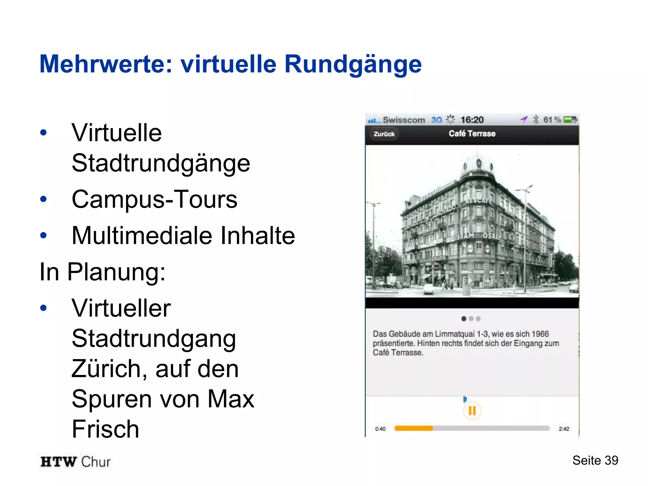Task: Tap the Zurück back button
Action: tap(384, 134)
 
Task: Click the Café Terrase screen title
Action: tap(472, 134)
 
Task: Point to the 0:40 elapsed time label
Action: tap(380, 429)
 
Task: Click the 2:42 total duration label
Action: tap(564, 429)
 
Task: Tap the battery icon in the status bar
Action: tap(570, 120)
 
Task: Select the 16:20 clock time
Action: tap(472, 120)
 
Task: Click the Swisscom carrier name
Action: tap(404, 120)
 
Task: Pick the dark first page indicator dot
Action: tap(464, 319)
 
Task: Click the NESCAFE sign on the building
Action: tap(478, 201)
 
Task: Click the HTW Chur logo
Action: tap(76, 462)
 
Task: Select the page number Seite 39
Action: tap(595, 460)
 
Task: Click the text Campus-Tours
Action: tap(154, 199)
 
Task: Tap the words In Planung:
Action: tap(103, 272)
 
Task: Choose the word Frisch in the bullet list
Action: tap(105, 429)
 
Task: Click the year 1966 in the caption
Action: tap(540, 334)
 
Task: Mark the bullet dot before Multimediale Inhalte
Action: tap(44, 235)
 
